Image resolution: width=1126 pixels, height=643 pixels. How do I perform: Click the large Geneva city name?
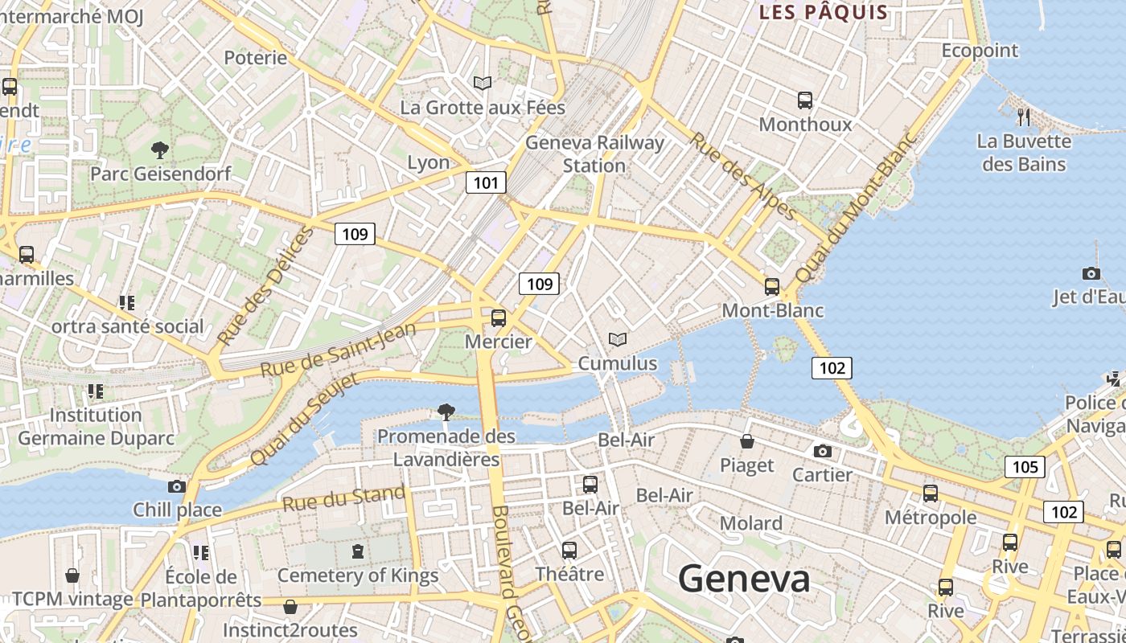[x=743, y=579]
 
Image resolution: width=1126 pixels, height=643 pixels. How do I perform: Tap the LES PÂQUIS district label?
[x=824, y=12]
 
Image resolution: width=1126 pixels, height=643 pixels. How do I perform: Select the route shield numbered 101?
[x=486, y=182]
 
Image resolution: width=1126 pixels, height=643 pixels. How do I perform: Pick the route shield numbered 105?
[x=1025, y=467]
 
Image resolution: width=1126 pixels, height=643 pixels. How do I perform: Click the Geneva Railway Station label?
[x=594, y=154]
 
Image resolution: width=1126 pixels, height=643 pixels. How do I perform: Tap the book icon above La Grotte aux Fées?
[x=483, y=83]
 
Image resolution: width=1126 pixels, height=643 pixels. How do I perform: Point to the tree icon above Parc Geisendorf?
[x=160, y=149]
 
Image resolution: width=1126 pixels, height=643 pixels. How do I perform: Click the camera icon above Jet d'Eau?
[x=1091, y=273]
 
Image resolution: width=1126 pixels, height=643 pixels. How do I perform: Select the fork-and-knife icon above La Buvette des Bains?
[x=1024, y=117]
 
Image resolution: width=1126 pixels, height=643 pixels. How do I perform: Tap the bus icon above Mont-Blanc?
[x=772, y=286]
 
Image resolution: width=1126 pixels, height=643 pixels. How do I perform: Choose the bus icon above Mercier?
[x=499, y=317]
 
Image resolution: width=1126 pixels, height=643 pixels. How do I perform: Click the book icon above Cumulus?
[x=618, y=340]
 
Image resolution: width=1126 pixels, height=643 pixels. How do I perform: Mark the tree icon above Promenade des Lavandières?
[x=446, y=412]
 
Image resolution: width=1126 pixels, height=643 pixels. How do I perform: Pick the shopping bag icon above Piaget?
[x=747, y=441]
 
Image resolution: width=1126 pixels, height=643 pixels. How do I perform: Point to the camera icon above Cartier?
[x=822, y=451]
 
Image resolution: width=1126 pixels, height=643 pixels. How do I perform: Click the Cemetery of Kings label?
[x=358, y=575]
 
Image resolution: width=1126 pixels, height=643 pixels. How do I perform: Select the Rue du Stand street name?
[x=343, y=498]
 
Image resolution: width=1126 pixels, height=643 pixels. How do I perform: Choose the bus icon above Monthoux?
[x=805, y=100]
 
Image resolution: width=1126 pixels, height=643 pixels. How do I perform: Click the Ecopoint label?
[x=980, y=51]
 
